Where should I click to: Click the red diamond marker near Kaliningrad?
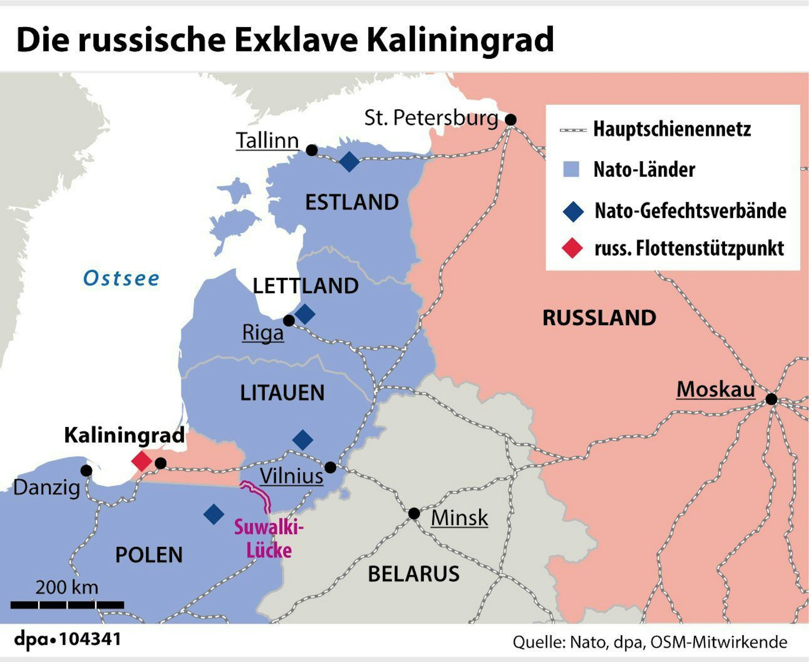142,461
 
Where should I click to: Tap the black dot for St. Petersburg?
511,120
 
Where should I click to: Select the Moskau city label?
716,389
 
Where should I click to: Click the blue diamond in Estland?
349,162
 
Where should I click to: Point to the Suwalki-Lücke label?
269,539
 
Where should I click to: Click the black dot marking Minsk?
414,514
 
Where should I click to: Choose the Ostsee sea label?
121,278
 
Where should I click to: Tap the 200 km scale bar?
67,605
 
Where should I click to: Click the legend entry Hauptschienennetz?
672,129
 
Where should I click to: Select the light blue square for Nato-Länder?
571,169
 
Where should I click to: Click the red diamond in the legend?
572,248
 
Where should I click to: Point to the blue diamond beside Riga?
305,314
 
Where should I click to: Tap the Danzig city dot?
86,470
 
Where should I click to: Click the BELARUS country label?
414,574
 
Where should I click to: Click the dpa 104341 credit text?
68,639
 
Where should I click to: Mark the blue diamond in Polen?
214,514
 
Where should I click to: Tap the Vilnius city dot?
330,468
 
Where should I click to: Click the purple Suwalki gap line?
259,494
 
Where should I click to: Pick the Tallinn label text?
267,141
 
